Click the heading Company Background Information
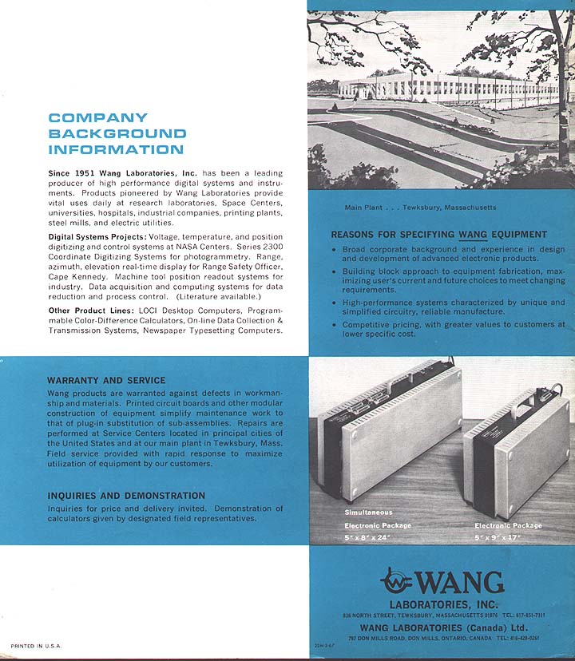[117, 133]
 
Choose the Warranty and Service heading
[106, 380]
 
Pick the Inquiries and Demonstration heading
[126, 496]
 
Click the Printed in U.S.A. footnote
[36, 645]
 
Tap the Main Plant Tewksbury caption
[420, 208]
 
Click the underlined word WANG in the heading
[472, 235]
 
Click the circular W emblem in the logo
[397, 580]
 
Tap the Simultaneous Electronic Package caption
[378, 519]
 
